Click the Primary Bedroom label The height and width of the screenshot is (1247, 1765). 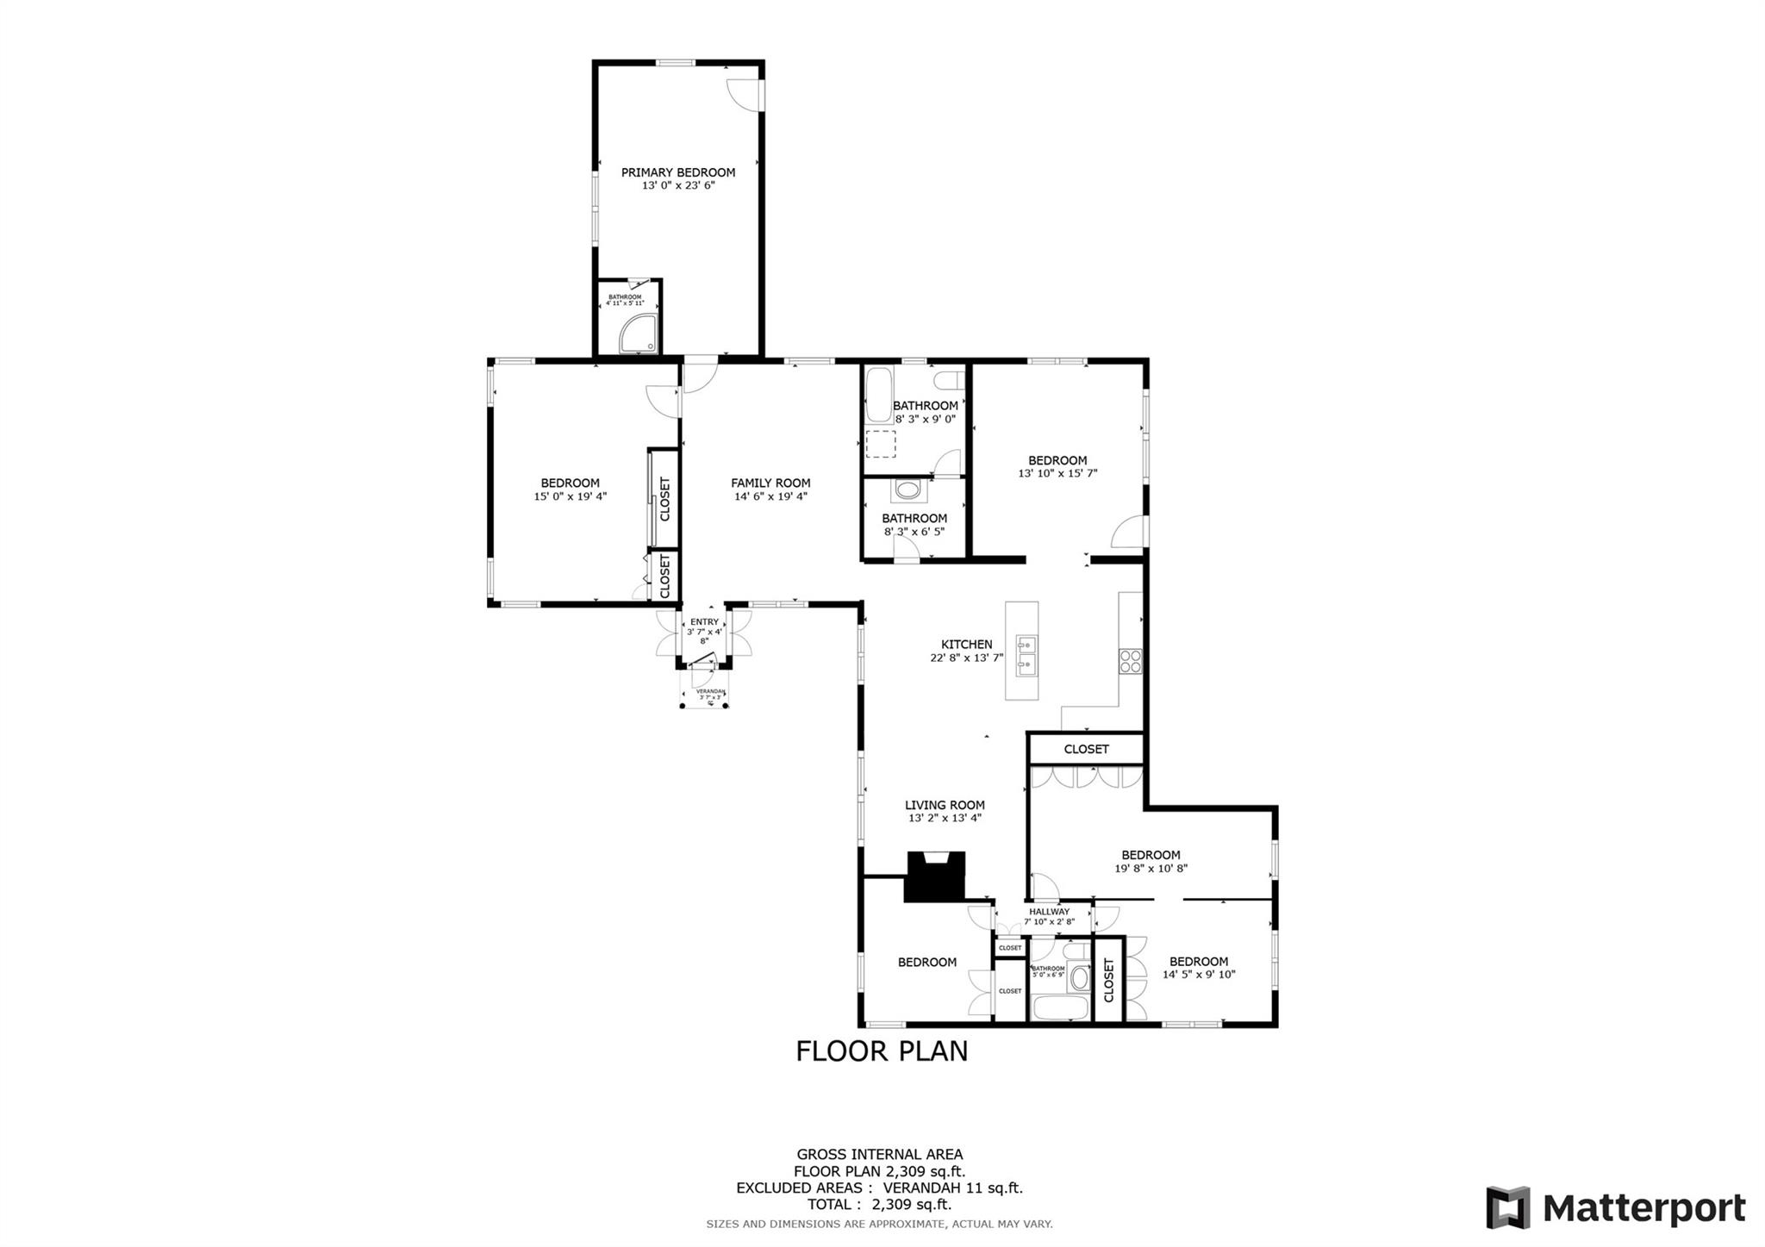pyautogui.click(x=678, y=172)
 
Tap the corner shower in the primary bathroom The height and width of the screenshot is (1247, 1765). pyautogui.click(x=639, y=334)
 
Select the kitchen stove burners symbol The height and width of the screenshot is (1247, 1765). pyautogui.click(x=1130, y=661)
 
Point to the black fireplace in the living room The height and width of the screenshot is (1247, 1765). pyautogui.click(x=934, y=876)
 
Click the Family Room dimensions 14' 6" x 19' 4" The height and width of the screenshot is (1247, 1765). pyautogui.click(x=770, y=496)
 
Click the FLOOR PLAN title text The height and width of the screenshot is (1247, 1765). pyautogui.click(x=882, y=1051)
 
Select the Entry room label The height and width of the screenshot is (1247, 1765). pyautogui.click(x=704, y=622)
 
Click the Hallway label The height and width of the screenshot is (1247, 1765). pyautogui.click(x=1049, y=912)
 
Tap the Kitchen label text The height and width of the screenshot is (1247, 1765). pyautogui.click(x=966, y=645)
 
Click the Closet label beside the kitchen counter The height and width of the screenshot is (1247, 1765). pyautogui.click(x=1086, y=749)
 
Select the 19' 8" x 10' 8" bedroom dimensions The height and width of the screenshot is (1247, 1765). pyautogui.click(x=1151, y=869)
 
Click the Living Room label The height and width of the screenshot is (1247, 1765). pyautogui.click(x=945, y=805)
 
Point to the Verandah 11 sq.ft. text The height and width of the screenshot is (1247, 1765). pyautogui.click(x=952, y=1188)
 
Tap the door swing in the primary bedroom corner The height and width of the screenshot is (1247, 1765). pyautogui.click(x=744, y=94)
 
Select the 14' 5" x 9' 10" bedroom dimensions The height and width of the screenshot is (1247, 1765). pyautogui.click(x=1199, y=975)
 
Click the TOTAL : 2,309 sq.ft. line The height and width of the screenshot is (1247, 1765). pyautogui.click(x=879, y=1205)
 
